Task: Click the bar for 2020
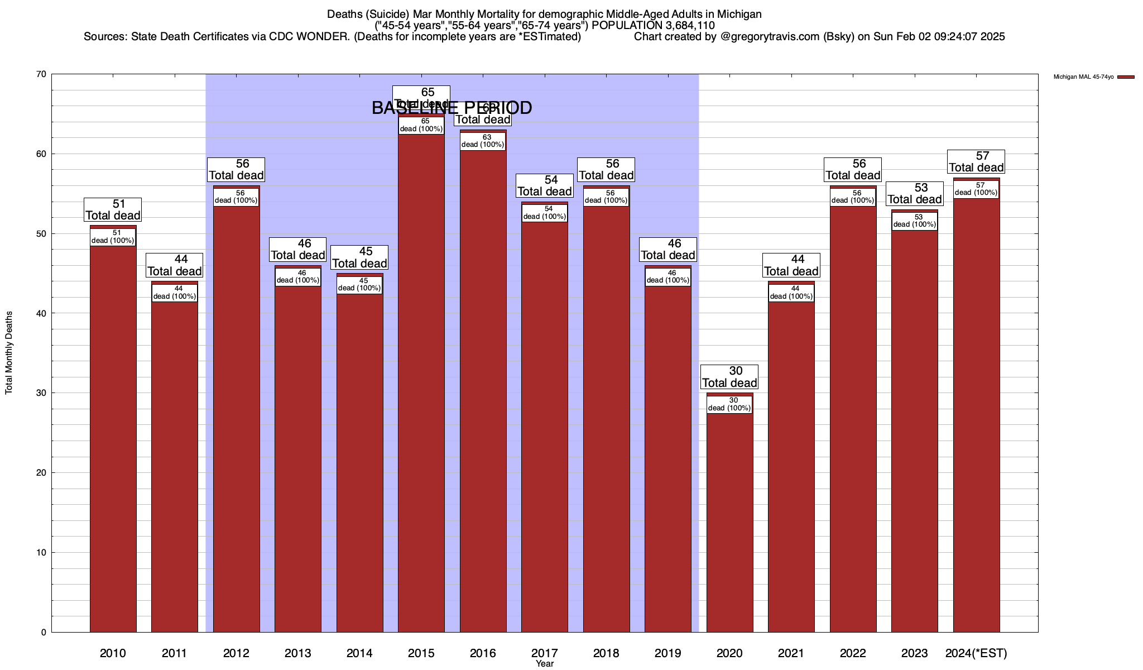(729, 519)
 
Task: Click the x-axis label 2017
(545, 653)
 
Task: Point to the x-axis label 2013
(298, 653)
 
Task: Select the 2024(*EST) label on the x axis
(976, 653)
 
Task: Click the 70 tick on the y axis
(41, 74)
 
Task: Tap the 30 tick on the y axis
(41, 393)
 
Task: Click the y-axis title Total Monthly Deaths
(9, 353)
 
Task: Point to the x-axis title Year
(545, 664)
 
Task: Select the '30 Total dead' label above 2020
(729, 377)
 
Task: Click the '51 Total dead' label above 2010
(113, 209)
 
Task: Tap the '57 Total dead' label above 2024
(976, 161)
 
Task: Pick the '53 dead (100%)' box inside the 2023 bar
(914, 221)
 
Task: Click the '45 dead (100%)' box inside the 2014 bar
(359, 285)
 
